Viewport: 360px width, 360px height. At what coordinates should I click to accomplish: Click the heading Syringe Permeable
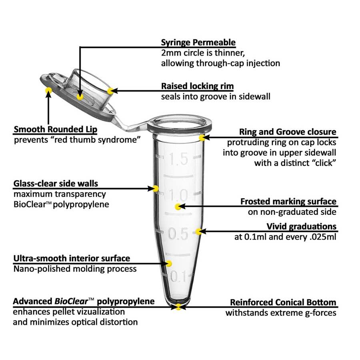tap(198, 42)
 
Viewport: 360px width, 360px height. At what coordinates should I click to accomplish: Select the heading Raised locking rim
tap(197, 86)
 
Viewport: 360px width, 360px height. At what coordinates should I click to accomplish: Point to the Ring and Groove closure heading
tap(288, 132)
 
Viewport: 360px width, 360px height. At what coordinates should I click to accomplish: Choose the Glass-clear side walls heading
tap(56, 184)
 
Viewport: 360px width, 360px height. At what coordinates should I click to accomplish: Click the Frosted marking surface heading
tap(288, 201)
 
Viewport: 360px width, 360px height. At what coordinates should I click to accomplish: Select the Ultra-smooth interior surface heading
tap(72, 258)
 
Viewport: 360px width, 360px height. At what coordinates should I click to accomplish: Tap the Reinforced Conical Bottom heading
tap(283, 302)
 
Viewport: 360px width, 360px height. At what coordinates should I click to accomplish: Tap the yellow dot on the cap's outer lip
tap(48, 90)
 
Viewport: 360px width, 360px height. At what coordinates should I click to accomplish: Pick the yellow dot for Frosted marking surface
tap(178, 207)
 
